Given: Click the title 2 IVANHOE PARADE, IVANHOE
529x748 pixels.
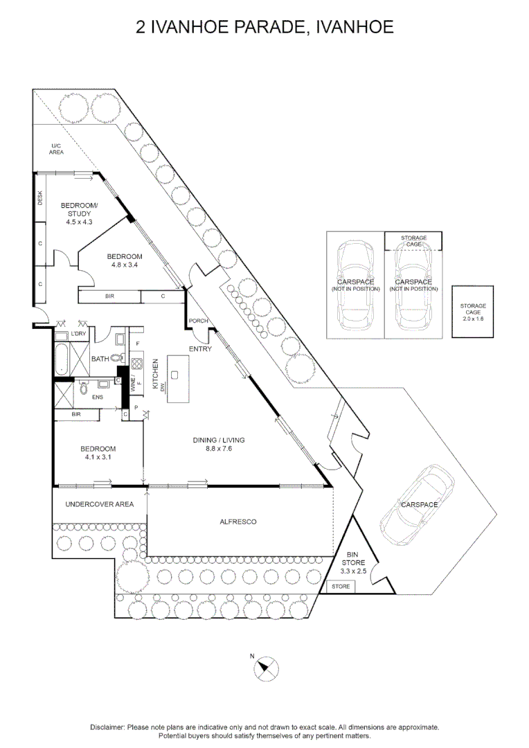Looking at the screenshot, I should click(264, 27).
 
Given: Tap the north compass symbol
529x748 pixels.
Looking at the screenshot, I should click(266, 669).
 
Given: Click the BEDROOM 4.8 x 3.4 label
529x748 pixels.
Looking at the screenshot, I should click(125, 260).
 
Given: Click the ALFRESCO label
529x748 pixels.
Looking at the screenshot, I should click(237, 522).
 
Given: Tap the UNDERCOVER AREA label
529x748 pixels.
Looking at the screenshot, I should click(99, 504).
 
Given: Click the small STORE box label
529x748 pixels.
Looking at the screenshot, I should click(341, 587).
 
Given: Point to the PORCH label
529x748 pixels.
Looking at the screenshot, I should click(199, 321).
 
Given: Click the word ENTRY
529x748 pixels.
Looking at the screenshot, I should click(200, 349).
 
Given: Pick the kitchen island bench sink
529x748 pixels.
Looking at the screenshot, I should click(174, 375).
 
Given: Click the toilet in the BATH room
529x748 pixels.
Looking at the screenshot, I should click(116, 359).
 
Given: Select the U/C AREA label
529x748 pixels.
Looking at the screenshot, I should click(57, 148).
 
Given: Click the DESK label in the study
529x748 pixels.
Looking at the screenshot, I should click(40, 198).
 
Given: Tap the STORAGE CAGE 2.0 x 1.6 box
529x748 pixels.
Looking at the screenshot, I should click(473, 312).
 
